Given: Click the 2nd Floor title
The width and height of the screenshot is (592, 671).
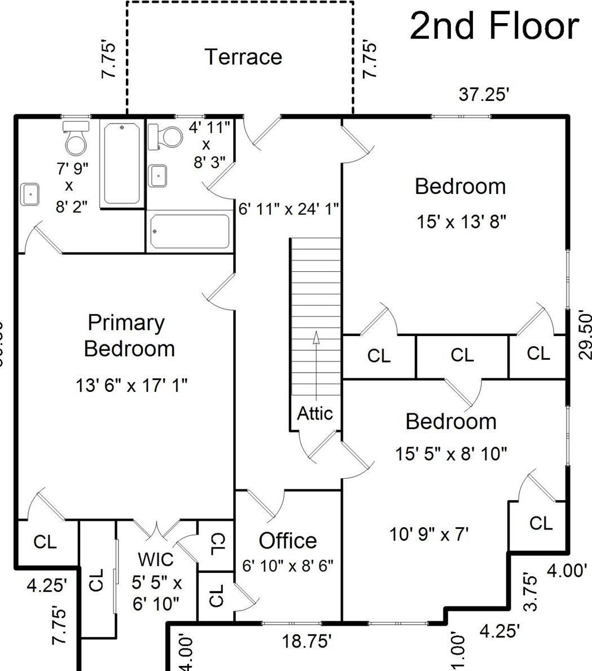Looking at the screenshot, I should point(494,26).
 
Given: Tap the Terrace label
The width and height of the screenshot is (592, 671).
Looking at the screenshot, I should point(243,57).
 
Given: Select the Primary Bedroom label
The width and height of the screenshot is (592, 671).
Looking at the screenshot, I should point(129,335).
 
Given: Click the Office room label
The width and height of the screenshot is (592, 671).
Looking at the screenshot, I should point(287,541).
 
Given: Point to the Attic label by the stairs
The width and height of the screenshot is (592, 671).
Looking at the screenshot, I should point(315,413).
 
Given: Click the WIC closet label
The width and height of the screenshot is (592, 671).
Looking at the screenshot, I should point(156,560).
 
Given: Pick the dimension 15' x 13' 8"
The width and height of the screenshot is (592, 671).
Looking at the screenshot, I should point(461,222).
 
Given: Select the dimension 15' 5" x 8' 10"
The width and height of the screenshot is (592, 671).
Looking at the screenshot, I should point(451,453).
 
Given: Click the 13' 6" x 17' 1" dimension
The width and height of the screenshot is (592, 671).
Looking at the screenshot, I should point(131,386).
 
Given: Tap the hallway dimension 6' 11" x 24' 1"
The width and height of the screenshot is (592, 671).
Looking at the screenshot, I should point(288,209).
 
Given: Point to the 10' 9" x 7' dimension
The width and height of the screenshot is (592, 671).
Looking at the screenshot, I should point(429,534).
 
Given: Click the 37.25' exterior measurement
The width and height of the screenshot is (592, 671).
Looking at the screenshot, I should point(484,95).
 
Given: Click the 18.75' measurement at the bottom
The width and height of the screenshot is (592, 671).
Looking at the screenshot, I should point(306,642).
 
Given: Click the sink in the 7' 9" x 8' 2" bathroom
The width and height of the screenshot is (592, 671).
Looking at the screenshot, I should point(30,195).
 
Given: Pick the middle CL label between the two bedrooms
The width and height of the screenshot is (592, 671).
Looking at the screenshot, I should point(462,355).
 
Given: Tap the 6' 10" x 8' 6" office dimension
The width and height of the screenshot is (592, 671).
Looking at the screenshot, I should point(288,565).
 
